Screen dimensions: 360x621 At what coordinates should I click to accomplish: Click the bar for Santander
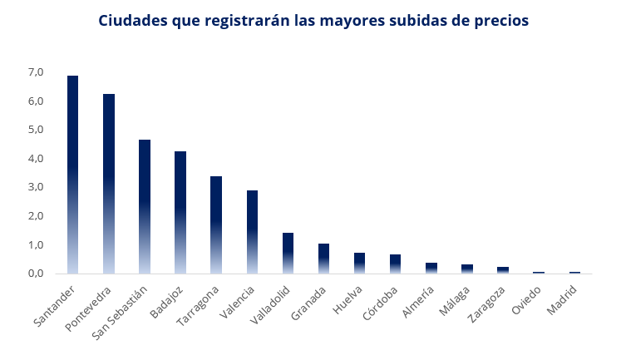(x=72, y=175)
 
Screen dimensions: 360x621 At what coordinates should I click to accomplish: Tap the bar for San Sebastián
(x=144, y=206)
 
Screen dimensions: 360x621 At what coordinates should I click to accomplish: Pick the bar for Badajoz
(x=180, y=212)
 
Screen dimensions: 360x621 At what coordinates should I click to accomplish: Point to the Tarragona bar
(x=216, y=224)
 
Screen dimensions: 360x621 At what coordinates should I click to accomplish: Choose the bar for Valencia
(x=252, y=232)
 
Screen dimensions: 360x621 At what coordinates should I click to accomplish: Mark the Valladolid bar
(x=288, y=253)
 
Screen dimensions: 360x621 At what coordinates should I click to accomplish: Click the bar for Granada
(x=323, y=259)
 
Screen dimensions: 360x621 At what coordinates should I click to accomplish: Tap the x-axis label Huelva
(x=347, y=300)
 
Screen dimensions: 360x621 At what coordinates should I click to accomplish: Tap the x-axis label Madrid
(x=563, y=300)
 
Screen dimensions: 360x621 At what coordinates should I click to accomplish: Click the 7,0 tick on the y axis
(x=35, y=72)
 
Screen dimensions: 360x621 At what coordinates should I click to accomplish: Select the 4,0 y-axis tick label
(x=35, y=159)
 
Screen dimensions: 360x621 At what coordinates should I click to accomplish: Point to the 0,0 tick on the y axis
(x=35, y=274)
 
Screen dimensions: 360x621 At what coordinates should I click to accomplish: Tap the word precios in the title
(x=499, y=21)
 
